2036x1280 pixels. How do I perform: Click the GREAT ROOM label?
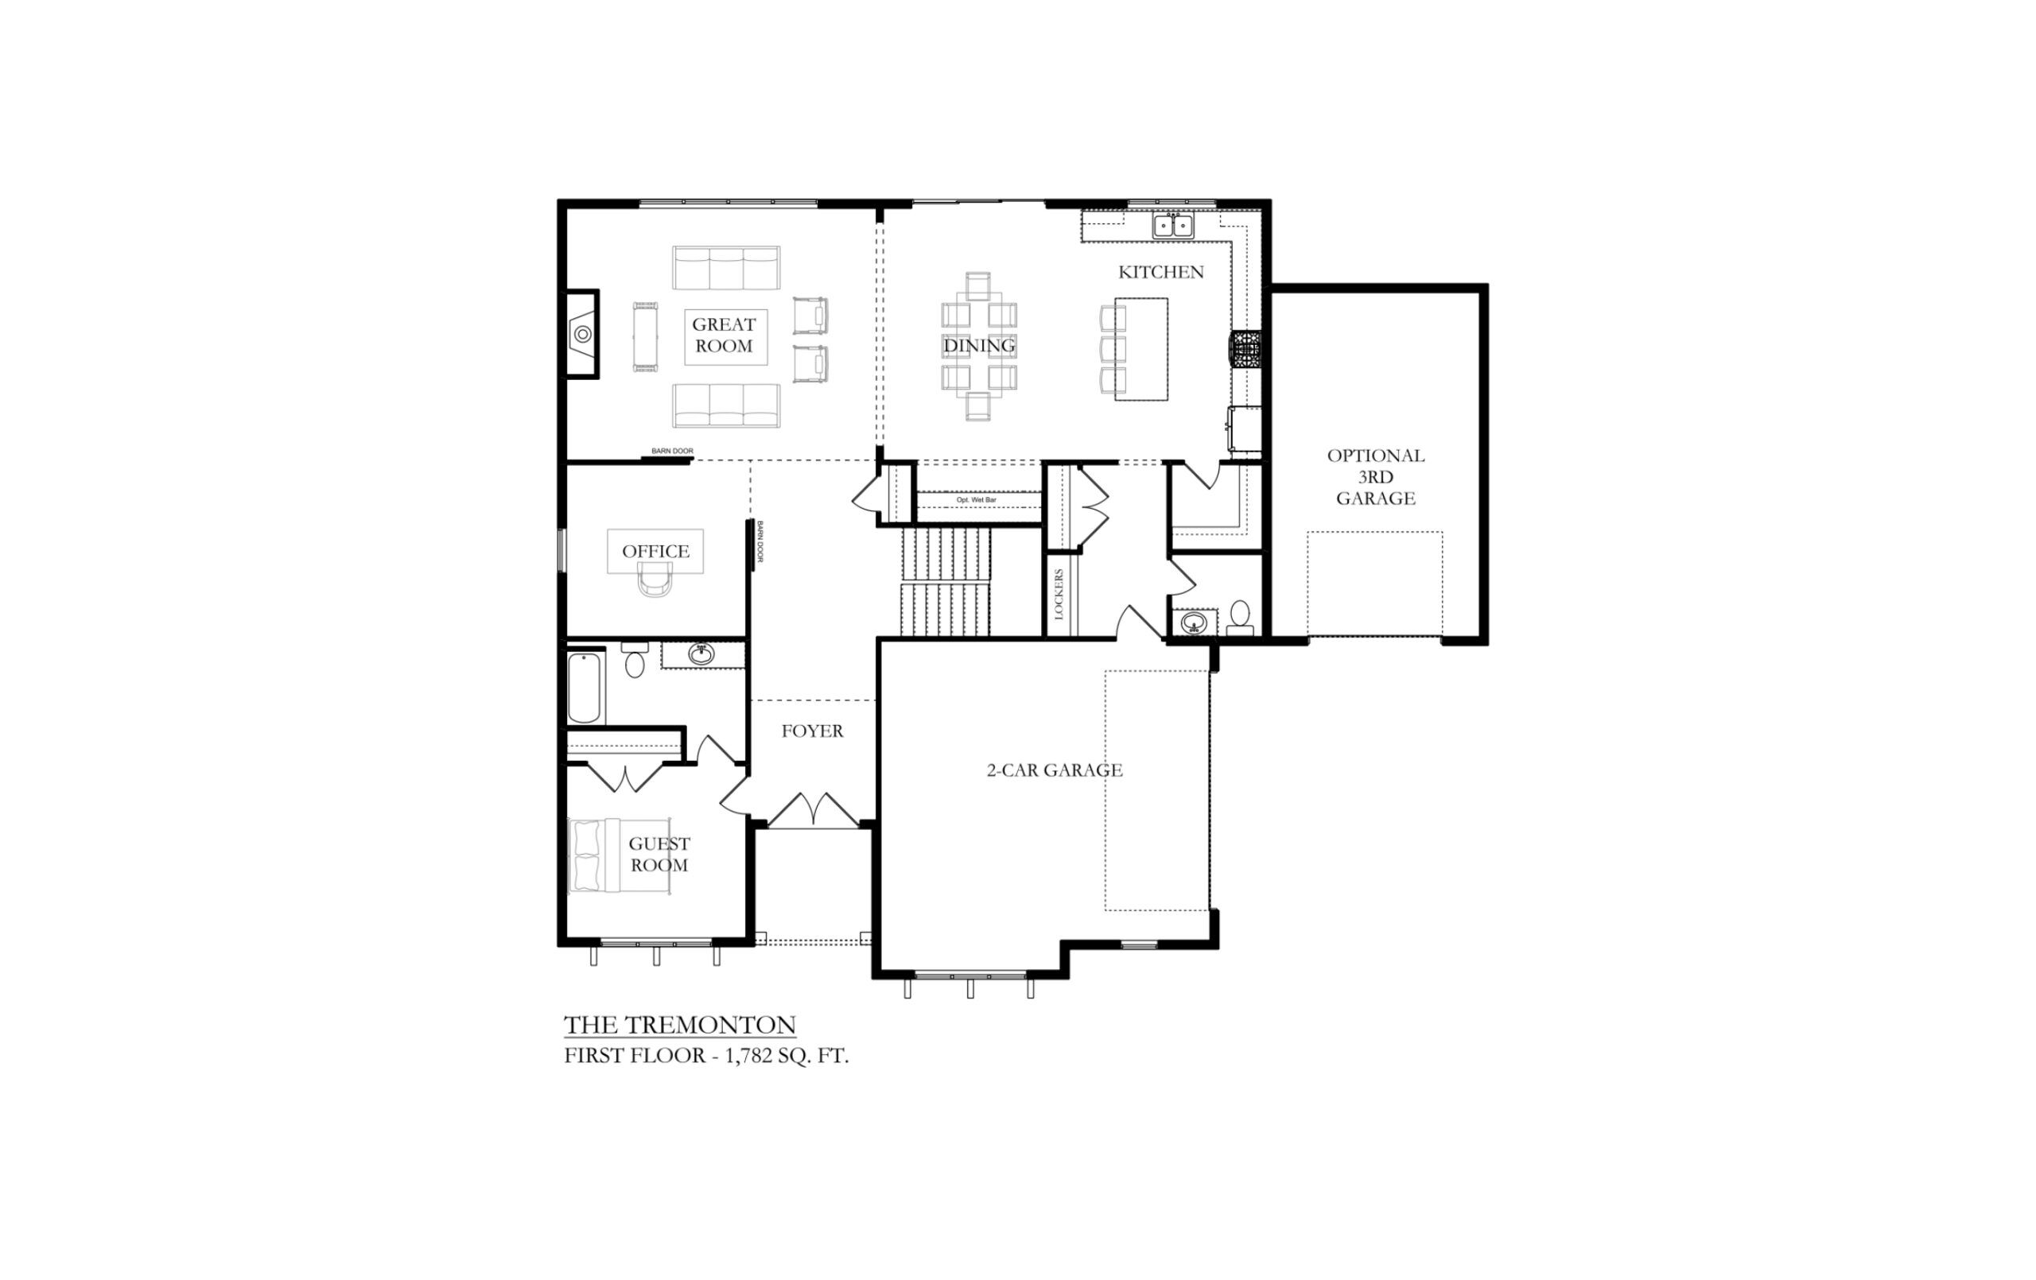(x=724, y=335)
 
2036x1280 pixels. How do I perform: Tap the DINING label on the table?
(x=979, y=346)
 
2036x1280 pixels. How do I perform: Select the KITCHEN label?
(x=1161, y=272)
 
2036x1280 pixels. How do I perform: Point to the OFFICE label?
(x=655, y=551)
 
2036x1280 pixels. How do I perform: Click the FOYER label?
(x=812, y=731)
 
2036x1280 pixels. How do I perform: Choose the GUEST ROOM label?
(x=659, y=854)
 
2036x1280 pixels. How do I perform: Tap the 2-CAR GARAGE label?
(x=1055, y=770)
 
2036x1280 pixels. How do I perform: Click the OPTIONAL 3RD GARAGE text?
(x=1376, y=477)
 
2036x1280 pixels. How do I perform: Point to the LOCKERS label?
(x=1059, y=595)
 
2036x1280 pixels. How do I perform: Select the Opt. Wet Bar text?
(x=976, y=501)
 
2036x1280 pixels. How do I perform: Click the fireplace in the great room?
(x=582, y=334)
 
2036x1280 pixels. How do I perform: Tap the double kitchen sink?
(x=1173, y=226)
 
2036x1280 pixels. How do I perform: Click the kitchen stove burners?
(x=1245, y=349)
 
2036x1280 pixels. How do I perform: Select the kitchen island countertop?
(x=1140, y=348)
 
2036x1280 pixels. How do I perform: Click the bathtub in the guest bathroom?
(x=585, y=688)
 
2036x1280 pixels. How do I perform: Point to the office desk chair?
(x=655, y=580)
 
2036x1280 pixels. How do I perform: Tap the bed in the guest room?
(x=619, y=855)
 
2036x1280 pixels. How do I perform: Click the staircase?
(x=946, y=582)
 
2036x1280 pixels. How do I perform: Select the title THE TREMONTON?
(x=680, y=1025)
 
